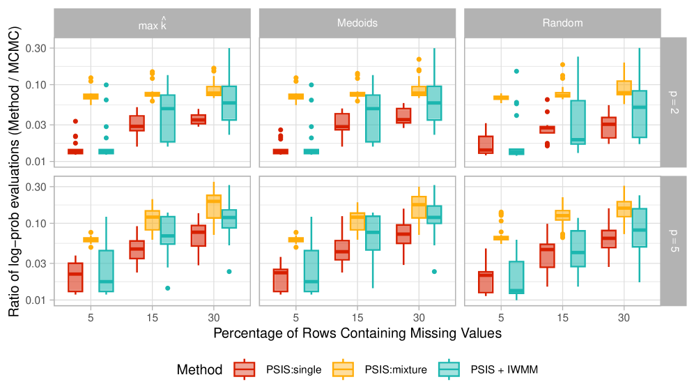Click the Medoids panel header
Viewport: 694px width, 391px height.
tap(357, 23)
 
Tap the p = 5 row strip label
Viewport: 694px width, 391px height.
tap(674, 240)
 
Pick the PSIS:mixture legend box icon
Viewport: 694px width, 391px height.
tap(344, 369)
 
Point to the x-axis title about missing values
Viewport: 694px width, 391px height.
tap(357, 333)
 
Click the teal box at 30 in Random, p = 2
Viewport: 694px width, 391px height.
tap(640, 114)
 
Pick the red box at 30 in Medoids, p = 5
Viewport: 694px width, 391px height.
tap(403, 233)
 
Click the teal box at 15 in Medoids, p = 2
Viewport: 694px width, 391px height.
tap(373, 118)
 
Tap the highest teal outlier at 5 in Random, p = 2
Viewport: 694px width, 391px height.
tap(516, 71)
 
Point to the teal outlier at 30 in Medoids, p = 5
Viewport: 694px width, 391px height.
tap(435, 271)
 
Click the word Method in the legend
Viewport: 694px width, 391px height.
tap(199, 369)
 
